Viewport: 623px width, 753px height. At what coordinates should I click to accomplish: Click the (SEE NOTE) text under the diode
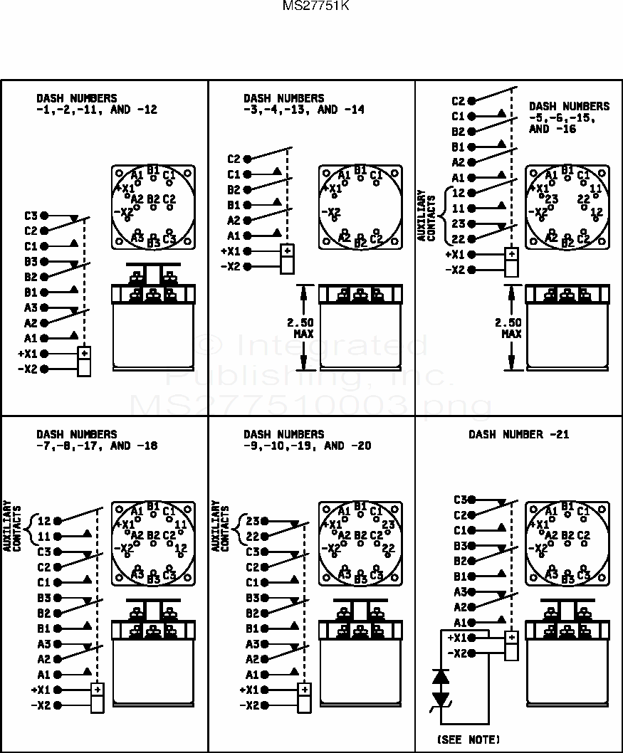coord(468,739)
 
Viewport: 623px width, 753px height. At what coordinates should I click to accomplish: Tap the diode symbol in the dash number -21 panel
coord(441,688)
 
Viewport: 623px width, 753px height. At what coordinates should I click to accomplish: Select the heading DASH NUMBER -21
coord(518,434)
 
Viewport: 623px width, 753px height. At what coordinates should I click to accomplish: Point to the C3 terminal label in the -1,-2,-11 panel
coord(30,216)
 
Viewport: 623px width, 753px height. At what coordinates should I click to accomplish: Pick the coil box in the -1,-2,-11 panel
coord(84,361)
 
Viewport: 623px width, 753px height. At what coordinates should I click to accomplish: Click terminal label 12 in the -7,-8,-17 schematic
coord(44,520)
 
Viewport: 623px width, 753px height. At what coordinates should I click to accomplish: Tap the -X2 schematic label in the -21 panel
coord(457,653)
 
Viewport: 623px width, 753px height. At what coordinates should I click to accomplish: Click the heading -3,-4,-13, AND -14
coord(304,110)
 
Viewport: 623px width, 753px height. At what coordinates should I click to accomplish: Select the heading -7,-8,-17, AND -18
coord(97,446)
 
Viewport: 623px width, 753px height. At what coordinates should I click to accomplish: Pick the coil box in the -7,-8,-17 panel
coord(98,697)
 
